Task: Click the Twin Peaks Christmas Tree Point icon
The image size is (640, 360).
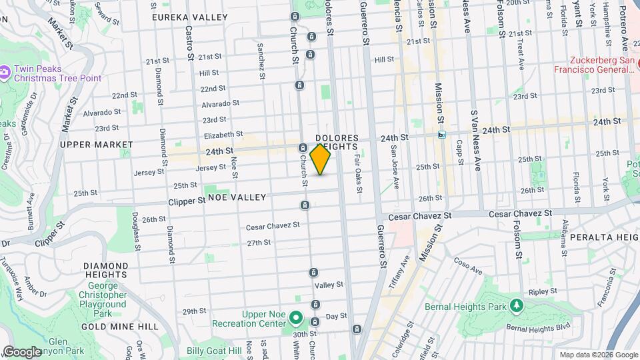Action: (x=5, y=70)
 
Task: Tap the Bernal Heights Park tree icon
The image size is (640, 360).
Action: (x=515, y=305)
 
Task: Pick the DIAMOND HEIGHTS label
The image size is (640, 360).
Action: (x=105, y=270)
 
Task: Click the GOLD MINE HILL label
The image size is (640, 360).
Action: (x=119, y=327)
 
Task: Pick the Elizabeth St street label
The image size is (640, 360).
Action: (x=223, y=134)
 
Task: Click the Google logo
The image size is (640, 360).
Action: (x=22, y=352)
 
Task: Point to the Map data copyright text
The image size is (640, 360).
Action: (x=598, y=355)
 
